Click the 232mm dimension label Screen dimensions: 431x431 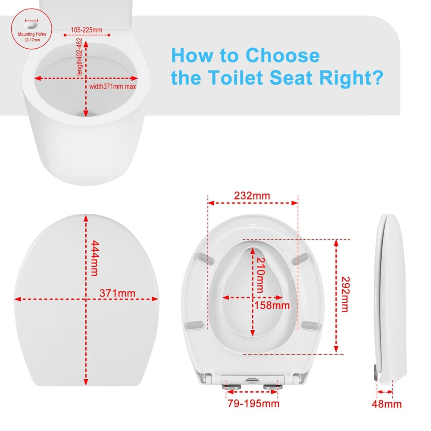[x=252, y=196]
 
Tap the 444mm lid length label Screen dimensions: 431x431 [x=94, y=258]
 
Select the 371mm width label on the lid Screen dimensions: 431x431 [x=117, y=293]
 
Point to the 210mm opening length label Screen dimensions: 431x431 [x=260, y=275]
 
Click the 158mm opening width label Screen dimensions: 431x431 [x=272, y=306]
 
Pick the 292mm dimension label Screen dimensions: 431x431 [x=345, y=294]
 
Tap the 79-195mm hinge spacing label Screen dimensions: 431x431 [x=253, y=403]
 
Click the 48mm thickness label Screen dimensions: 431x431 [x=387, y=404]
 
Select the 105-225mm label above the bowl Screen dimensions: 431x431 [x=87, y=30]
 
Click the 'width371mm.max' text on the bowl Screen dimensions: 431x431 [x=112, y=87]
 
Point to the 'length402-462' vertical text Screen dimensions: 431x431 [x=79, y=56]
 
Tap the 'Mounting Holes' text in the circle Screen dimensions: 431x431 [x=32, y=34]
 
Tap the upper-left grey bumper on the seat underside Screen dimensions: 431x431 [x=205, y=258]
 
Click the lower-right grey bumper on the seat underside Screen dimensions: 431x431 [x=311, y=325]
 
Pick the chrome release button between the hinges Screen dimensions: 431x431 [x=252, y=381]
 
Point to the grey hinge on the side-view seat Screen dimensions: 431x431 [x=376, y=372]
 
